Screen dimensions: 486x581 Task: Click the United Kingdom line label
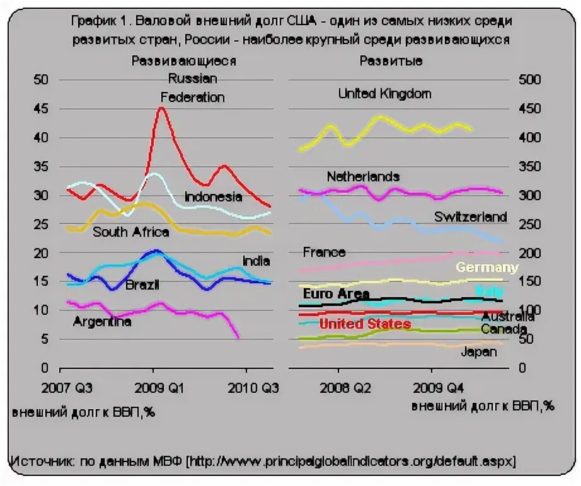pyautogui.click(x=384, y=94)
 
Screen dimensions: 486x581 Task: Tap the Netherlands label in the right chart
pyautogui.click(x=363, y=176)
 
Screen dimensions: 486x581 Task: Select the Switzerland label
pyautogui.click(x=470, y=217)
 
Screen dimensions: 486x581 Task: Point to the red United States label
pyautogui.click(x=365, y=324)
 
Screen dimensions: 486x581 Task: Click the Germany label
pyautogui.click(x=486, y=267)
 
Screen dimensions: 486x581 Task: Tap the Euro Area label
pyautogui.click(x=336, y=293)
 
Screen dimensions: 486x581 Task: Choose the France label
pyautogui.click(x=324, y=252)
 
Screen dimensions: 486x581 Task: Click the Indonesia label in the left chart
pyautogui.click(x=213, y=196)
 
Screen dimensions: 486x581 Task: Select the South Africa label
pyautogui.click(x=131, y=232)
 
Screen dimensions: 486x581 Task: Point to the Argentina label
pyautogui.click(x=102, y=322)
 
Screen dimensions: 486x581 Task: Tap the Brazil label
pyautogui.click(x=142, y=285)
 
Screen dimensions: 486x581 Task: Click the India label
pyautogui.click(x=256, y=261)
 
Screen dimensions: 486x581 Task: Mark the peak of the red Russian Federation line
pyautogui.click(x=161, y=108)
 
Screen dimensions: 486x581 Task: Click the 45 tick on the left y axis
pyautogui.click(x=41, y=108)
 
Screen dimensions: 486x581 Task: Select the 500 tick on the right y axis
pyautogui.click(x=530, y=79)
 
